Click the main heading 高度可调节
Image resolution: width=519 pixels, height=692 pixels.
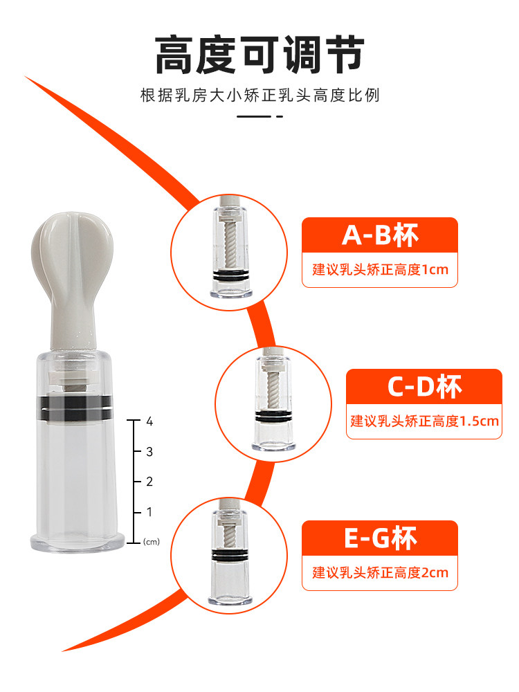pos(259,55)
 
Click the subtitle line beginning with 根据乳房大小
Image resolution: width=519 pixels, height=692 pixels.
pos(259,95)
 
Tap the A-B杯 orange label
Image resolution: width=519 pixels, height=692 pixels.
pos(380,236)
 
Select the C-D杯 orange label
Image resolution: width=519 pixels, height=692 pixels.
pos(424,387)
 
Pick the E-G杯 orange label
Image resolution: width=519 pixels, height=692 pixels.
pos(380,538)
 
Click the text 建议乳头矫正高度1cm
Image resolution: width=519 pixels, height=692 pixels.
pos(380,270)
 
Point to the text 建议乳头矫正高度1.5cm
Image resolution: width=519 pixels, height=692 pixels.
pos(424,421)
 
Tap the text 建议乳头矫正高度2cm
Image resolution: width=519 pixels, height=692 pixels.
pos(380,572)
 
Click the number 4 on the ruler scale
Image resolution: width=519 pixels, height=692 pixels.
pos(149,421)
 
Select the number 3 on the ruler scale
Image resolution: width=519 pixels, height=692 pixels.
pos(149,451)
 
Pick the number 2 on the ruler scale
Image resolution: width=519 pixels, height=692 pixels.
pos(149,482)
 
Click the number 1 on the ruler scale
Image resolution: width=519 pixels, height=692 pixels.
pos(149,512)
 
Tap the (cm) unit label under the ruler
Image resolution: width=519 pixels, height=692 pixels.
pos(151,542)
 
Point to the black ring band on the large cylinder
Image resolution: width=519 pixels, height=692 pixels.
pos(73,408)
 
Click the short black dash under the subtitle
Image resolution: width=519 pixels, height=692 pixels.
pos(259,116)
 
